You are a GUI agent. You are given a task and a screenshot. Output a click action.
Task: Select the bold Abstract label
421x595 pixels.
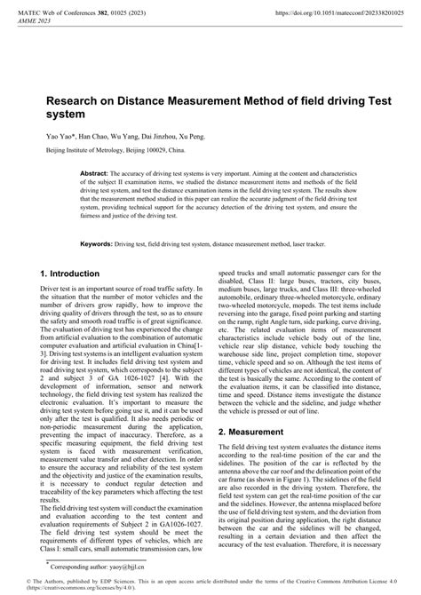pyautogui.click(x=93, y=175)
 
